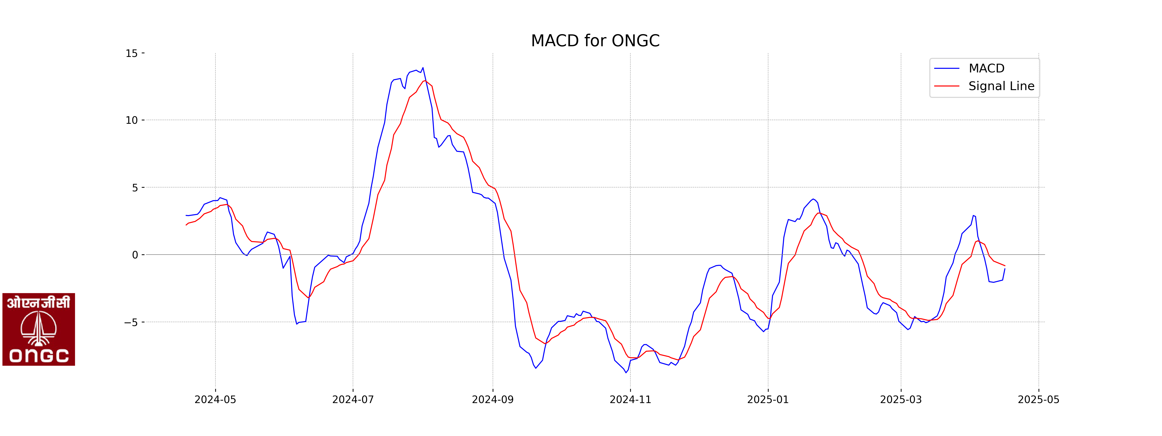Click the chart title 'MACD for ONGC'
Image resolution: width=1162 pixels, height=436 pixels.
(595, 41)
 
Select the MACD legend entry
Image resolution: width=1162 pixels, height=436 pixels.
(986, 68)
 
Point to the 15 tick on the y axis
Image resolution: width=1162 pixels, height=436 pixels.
(132, 53)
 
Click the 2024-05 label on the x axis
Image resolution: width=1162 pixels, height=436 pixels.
(215, 399)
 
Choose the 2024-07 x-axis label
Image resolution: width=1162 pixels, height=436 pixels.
(353, 399)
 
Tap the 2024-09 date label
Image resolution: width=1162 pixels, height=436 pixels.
(493, 399)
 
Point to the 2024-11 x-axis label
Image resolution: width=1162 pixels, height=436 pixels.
(630, 399)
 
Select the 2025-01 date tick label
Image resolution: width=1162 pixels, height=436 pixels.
(768, 399)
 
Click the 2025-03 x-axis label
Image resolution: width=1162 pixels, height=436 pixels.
(901, 399)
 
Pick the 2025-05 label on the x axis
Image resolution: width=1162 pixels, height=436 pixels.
(1038, 399)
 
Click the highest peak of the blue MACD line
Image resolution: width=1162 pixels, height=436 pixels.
(423, 68)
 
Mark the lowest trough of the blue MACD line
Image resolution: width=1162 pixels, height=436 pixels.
(626, 372)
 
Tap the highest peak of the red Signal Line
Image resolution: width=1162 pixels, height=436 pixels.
(424, 81)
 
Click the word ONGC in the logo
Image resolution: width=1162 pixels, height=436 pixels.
(39, 356)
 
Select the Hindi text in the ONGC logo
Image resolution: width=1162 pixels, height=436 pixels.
(39, 302)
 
